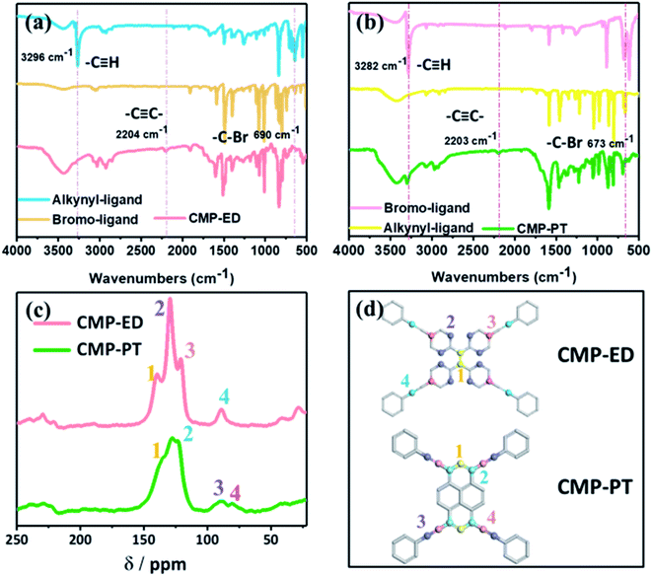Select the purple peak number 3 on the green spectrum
218,485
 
